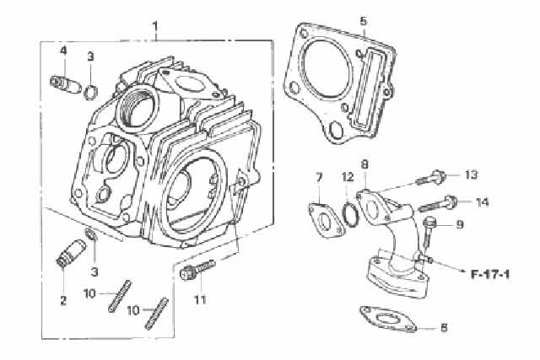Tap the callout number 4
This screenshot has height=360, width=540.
(62, 51)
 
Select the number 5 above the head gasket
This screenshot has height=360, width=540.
(363, 20)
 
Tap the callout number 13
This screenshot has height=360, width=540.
(471, 175)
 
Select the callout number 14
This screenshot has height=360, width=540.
(482, 201)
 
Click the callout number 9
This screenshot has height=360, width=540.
(460, 224)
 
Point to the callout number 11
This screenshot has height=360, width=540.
(199, 300)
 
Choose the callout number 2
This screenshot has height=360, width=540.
(62, 299)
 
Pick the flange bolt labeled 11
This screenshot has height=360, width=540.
(197, 270)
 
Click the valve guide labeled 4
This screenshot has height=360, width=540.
(66, 83)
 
